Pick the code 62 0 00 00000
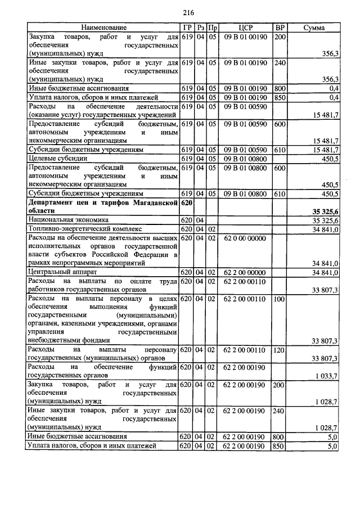click(x=245, y=238)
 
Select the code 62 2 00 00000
click(x=245, y=273)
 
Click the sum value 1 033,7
click(x=326, y=376)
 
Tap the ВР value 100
click(x=280, y=299)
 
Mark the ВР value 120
click(x=280, y=350)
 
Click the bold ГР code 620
click(x=187, y=202)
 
